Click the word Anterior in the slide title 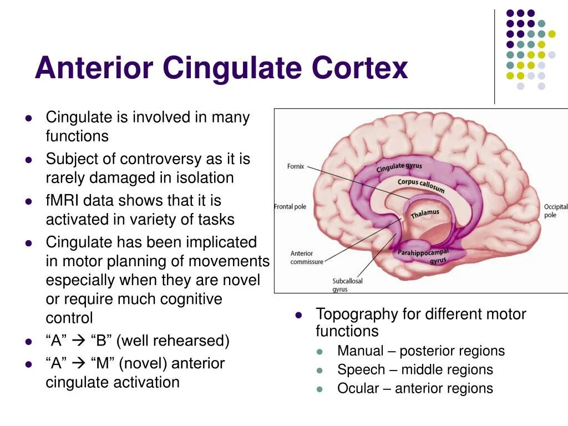click(94, 68)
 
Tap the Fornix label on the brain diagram click(296, 166)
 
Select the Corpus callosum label click(421, 185)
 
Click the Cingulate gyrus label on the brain click(399, 167)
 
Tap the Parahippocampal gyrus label click(423, 256)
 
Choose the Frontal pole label click(290, 207)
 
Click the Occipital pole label click(555, 211)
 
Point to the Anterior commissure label click(306, 257)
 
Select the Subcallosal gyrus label click(347, 285)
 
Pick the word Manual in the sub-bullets click(360, 351)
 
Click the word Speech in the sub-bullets click(361, 370)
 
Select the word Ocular click(358, 388)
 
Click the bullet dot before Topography click(298, 315)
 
